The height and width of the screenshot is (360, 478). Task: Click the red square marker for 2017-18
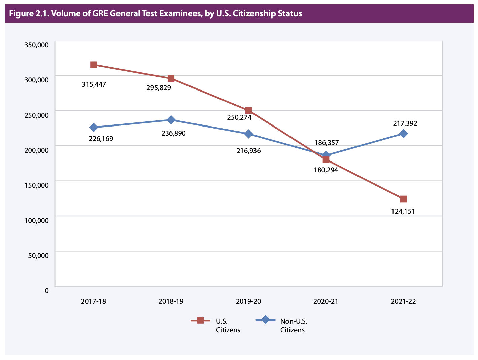pyautogui.click(x=94, y=65)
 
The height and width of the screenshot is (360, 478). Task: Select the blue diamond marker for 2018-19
pyautogui.click(x=171, y=120)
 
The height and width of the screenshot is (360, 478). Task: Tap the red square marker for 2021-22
pyautogui.click(x=403, y=199)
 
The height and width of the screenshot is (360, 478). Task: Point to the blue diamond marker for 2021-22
pyautogui.click(x=403, y=134)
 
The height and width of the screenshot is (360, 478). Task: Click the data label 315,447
pyautogui.click(x=94, y=84)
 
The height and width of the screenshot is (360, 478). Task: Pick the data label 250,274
pyautogui.click(x=239, y=117)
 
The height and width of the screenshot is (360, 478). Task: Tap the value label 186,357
pyautogui.click(x=327, y=143)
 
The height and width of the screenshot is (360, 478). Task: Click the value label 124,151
pyautogui.click(x=403, y=211)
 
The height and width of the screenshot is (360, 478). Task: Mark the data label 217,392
pyautogui.click(x=405, y=123)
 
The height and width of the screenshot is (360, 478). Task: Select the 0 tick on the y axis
pyautogui.click(x=47, y=290)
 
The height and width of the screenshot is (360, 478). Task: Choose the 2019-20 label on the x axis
pyautogui.click(x=248, y=301)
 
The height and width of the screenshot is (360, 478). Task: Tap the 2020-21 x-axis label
pyautogui.click(x=326, y=301)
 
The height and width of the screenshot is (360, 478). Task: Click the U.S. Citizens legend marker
pyautogui.click(x=200, y=321)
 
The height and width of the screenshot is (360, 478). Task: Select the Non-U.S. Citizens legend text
pyautogui.click(x=294, y=325)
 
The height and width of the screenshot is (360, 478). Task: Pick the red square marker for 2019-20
pyautogui.click(x=248, y=110)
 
